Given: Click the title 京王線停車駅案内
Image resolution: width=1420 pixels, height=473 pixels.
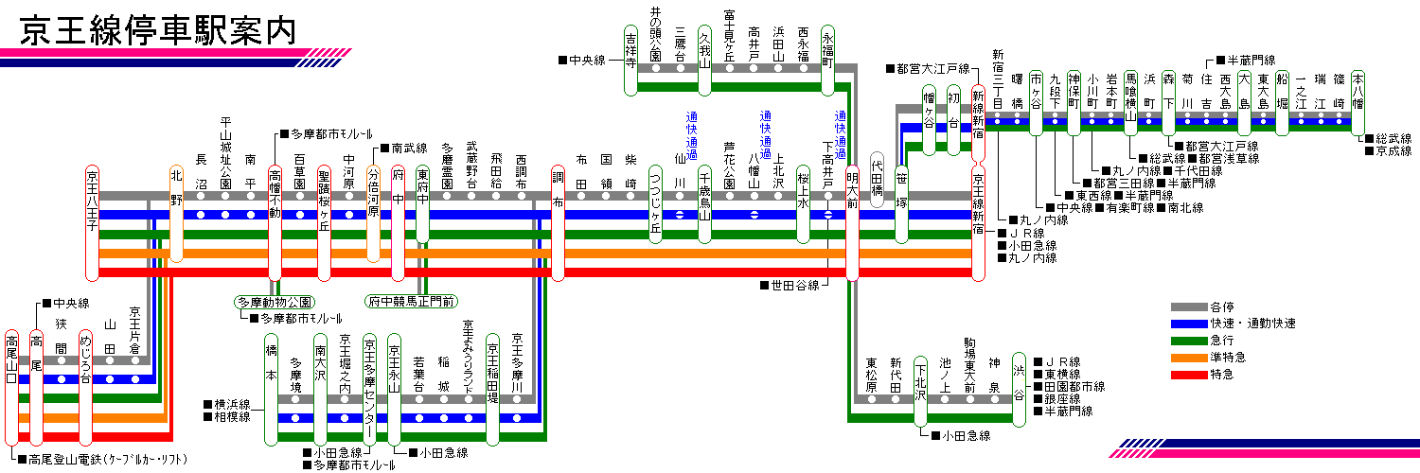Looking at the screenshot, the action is tap(158, 30).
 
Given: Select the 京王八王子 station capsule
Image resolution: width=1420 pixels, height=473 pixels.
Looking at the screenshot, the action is tap(92, 223).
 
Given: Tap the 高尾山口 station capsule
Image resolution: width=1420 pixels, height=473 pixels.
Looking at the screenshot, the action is tap(11, 388).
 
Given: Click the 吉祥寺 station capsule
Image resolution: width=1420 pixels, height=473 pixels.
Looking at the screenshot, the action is tap(630, 61).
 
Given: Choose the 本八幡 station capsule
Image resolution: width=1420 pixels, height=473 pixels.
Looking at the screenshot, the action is tap(1358, 102).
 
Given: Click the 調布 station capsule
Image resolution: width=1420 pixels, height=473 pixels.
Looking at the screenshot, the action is tap(558, 223).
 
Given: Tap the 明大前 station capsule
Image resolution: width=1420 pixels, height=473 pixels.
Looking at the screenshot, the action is tap(853, 223).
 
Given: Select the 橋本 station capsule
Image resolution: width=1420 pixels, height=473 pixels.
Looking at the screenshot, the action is tap(272, 390).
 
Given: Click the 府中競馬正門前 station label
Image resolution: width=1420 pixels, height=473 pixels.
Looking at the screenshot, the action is tap(412, 302).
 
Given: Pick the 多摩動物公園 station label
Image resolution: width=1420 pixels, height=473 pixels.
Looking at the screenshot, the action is tap(275, 302).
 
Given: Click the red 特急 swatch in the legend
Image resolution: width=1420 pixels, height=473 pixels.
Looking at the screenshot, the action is tap(1189, 375).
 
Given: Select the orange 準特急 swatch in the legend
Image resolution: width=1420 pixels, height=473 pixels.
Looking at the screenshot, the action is tap(1189, 358).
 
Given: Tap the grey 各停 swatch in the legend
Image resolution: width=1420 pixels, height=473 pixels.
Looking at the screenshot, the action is tap(1189, 307).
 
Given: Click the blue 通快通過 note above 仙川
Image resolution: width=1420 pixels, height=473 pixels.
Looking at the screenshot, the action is tap(692, 135).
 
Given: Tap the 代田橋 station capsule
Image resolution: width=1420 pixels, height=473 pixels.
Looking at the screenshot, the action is tap(878, 180).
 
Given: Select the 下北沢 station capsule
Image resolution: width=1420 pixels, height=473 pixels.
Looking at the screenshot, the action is tap(920, 392).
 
